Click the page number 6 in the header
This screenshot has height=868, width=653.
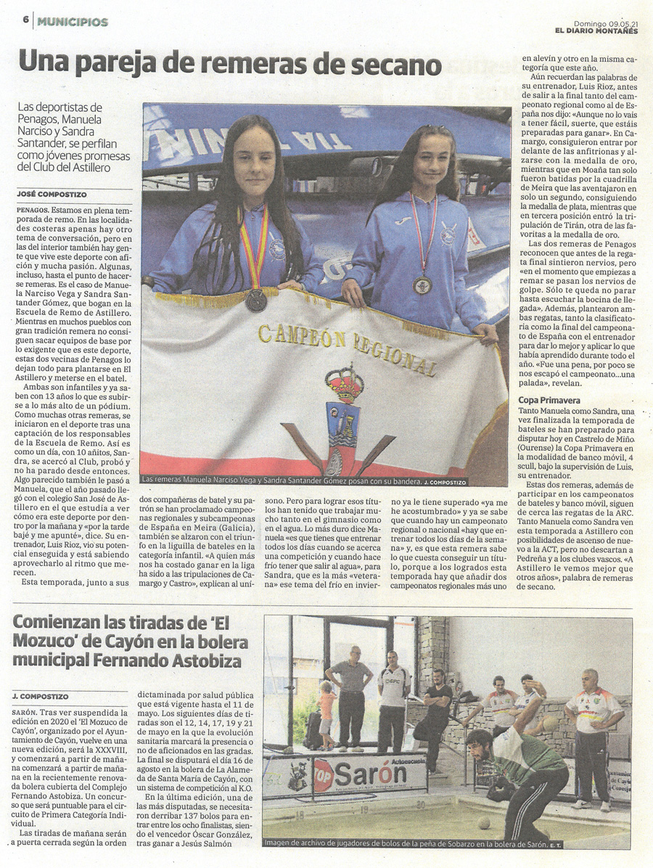click(x=25, y=21)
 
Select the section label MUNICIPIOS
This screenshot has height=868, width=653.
click(x=73, y=22)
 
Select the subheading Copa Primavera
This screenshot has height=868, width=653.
click(x=549, y=400)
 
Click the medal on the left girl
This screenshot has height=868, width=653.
click(x=255, y=300)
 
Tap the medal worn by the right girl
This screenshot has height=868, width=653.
click(x=422, y=284)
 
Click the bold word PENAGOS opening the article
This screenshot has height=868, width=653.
click(x=33, y=208)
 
